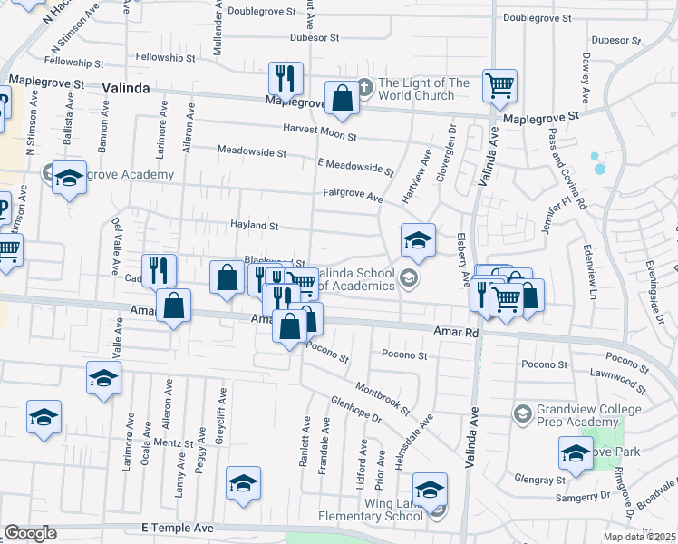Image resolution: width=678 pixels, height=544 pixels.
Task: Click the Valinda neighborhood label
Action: (126, 88)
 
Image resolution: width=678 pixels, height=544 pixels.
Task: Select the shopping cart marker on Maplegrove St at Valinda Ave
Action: (499, 86)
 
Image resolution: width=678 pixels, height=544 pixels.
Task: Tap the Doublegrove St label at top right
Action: (539, 17)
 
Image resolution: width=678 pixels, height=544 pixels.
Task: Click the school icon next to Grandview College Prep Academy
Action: (523, 414)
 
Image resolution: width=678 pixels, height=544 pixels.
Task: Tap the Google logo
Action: (30, 533)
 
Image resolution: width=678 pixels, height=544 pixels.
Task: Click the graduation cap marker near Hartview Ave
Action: (418, 240)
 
